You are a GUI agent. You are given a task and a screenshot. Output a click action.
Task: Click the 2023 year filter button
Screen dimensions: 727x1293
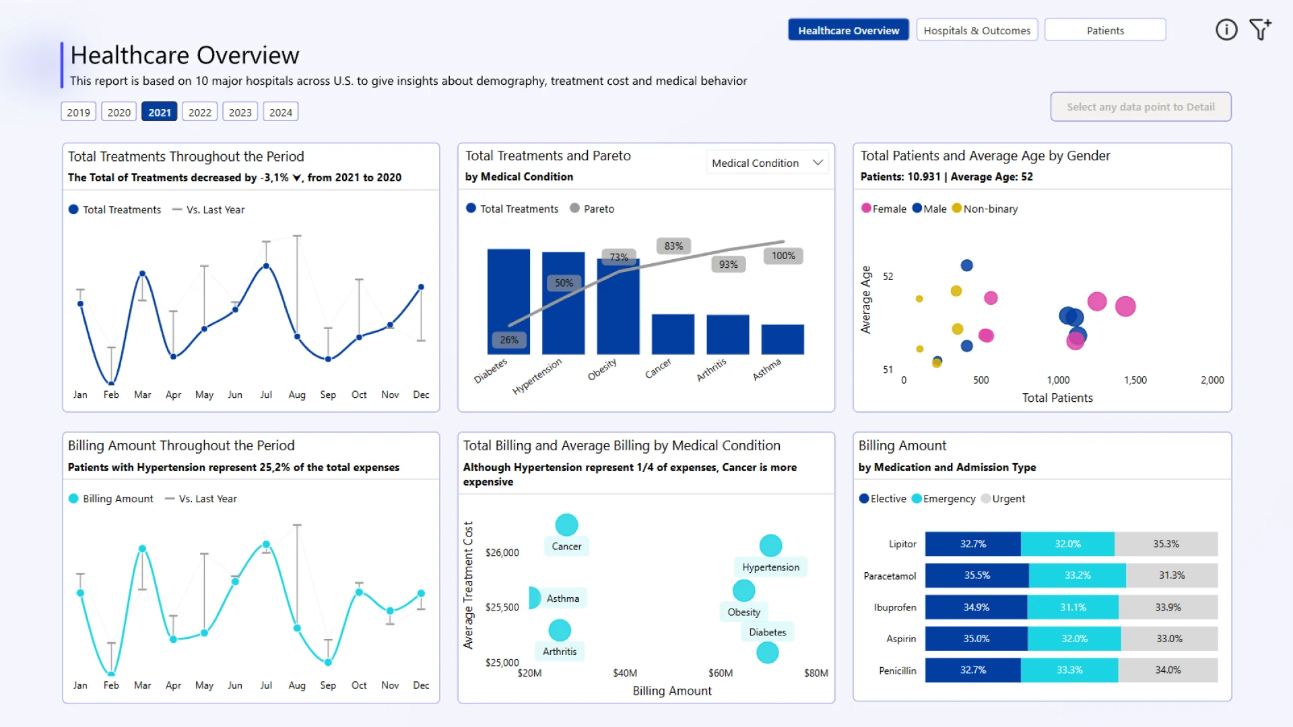(x=240, y=112)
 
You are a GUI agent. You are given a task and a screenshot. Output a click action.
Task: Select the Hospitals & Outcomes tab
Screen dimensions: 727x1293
(x=976, y=30)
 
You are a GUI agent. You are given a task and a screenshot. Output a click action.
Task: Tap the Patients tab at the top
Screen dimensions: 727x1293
(x=1105, y=30)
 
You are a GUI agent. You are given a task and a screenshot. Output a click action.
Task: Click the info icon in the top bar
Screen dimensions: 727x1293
(x=1226, y=30)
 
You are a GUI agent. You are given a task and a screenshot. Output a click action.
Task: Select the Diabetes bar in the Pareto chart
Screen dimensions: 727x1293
(x=508, y=302)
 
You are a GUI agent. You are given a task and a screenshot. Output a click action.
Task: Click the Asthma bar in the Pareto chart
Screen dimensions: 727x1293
(x=783, y=339)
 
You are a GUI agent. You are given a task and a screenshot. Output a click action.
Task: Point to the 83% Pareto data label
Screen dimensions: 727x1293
(x=673, y=246)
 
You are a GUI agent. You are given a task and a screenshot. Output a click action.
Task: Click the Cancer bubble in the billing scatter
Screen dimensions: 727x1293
(x=566, y=524)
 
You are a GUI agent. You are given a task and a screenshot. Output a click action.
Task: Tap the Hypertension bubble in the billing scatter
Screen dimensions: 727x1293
(x=770, y=545)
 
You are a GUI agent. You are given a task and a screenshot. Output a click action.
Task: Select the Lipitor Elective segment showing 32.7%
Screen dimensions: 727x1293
(x=972, y=544)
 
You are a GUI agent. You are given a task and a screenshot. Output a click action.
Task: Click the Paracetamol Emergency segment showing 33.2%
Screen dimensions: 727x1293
(x=1077, y=576)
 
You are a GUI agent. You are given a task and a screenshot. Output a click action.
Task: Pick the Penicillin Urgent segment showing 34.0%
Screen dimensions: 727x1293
(x=1168, y=670)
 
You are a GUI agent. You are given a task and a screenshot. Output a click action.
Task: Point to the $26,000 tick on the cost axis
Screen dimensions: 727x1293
(x=502, y=553)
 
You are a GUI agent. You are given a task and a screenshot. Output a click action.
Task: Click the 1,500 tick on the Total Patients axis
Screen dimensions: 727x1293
(x=1135, y=380)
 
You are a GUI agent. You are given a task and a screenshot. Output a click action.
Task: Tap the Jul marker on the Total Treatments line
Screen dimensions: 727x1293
(x=266, y=266)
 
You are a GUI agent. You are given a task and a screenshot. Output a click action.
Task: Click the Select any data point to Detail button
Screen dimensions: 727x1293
(x=1141, y=107)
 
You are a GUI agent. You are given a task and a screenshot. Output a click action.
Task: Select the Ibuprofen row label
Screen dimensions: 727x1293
(x=895, y=607)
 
